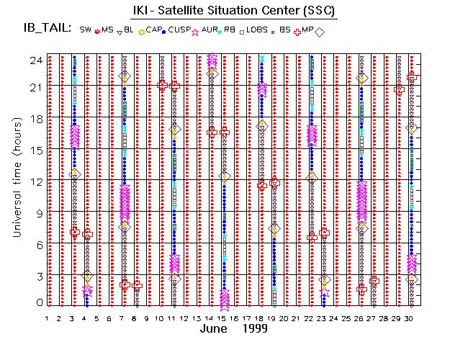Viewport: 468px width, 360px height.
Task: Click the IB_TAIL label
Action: tap(46, 29)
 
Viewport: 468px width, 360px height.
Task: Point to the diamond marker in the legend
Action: tap(320, 31)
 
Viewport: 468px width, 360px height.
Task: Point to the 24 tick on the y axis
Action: tap(33, 60)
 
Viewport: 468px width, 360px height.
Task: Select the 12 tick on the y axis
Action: tap(33, 181)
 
